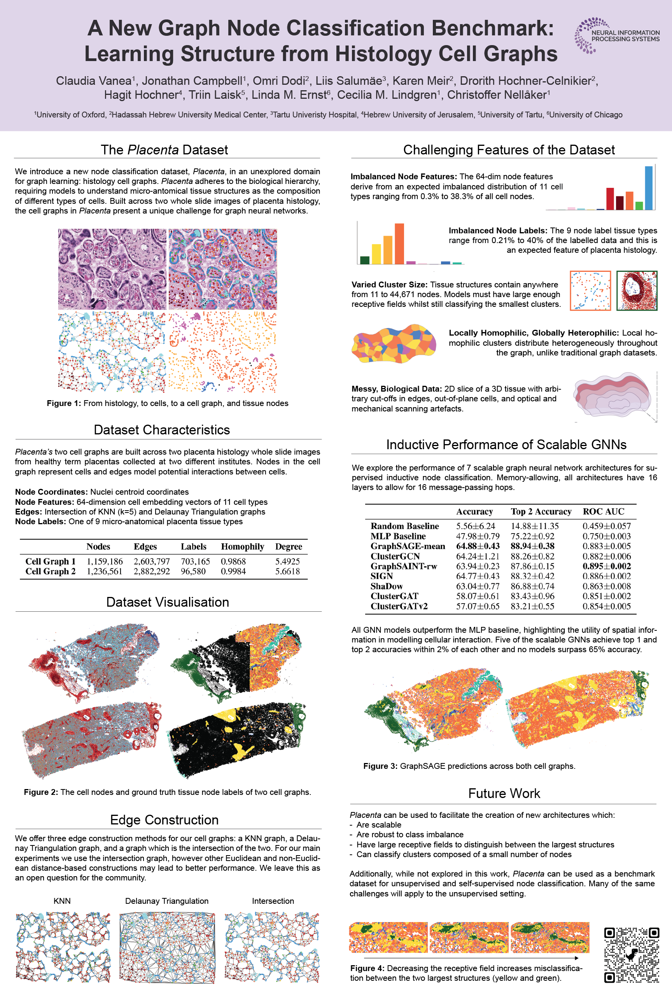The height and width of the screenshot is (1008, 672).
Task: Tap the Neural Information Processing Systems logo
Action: (617, 36)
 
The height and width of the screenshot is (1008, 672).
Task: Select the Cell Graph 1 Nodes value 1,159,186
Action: (105, 561)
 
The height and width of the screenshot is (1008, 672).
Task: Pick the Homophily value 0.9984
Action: (233, 571)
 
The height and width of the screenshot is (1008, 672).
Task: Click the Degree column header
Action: (289, 546)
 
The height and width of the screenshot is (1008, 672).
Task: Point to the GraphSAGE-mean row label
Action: (408, 546)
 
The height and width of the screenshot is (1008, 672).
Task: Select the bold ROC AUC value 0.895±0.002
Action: (606, 566)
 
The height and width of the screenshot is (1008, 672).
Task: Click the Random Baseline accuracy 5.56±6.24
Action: (475, 526)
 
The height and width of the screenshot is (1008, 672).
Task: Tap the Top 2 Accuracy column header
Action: (541, 511)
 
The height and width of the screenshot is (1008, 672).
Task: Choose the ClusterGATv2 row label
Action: (399, 606)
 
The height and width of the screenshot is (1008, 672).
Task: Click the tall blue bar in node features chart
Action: (649, 188)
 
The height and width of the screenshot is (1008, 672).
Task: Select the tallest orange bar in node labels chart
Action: (399, 243)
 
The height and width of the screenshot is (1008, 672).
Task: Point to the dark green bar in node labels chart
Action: (365, 260)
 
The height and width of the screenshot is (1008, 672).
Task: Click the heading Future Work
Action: (504, 793)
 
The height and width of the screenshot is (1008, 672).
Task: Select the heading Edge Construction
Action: (164, 819)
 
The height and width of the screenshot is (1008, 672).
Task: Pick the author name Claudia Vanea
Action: (93, 80)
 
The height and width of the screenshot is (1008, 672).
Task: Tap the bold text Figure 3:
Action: (380, 766)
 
